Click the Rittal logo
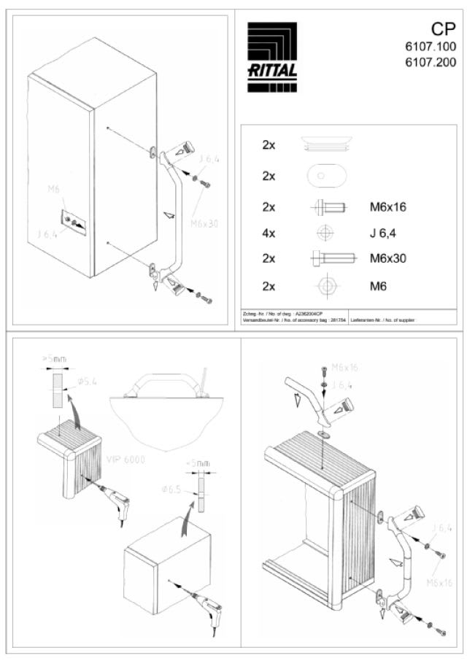pos(271,58)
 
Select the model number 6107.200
pos(431,62)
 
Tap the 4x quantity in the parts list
pos(269,233)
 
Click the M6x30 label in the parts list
pos(388,258)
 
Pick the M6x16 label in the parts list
pos(388,207)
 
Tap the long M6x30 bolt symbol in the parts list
pos(332,258)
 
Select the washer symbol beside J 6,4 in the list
pos(326,233)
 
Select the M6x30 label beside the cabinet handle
pos(204,224)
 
